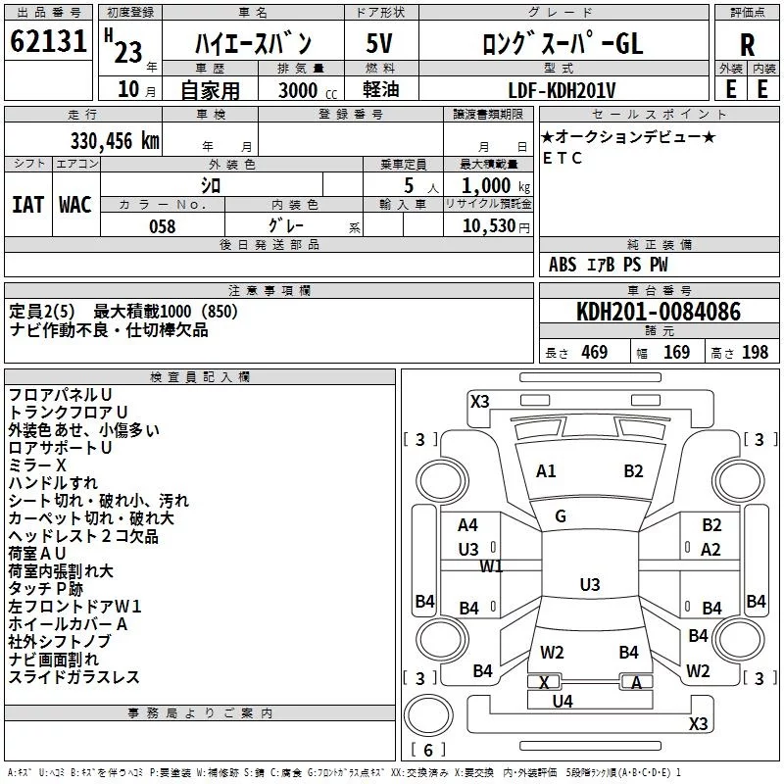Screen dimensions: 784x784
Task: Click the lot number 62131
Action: tap(48, 41)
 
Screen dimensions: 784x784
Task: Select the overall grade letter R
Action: tap(747, 45)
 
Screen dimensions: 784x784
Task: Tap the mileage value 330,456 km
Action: tap(115, 141)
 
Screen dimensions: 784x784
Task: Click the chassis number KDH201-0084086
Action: tap(659, 312)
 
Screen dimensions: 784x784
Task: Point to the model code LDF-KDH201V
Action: tap(562, 90)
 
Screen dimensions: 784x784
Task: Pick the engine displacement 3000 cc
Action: tap(308, 90)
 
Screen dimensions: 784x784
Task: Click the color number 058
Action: tap(163, 226)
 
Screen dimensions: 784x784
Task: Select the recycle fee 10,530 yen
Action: tap(496, 226)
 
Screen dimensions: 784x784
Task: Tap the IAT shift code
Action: tap(28, 205)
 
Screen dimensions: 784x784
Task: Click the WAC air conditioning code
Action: tap(75, 205)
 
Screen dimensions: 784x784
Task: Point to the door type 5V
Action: tap(379, 43)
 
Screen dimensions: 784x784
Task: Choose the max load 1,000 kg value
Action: tap(496, 186)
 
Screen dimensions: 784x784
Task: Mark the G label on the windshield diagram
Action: tap(561, 516)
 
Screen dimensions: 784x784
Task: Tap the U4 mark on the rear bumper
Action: tap(563, 702)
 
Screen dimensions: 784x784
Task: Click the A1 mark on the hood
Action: tap(546, 471)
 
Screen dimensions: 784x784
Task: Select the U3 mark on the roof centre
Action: tap(590, 584)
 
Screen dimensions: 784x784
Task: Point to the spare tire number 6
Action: tap(428, 750)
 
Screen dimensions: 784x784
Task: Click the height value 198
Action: tap(755, 352)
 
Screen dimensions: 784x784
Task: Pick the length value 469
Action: tap(595, 352)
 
